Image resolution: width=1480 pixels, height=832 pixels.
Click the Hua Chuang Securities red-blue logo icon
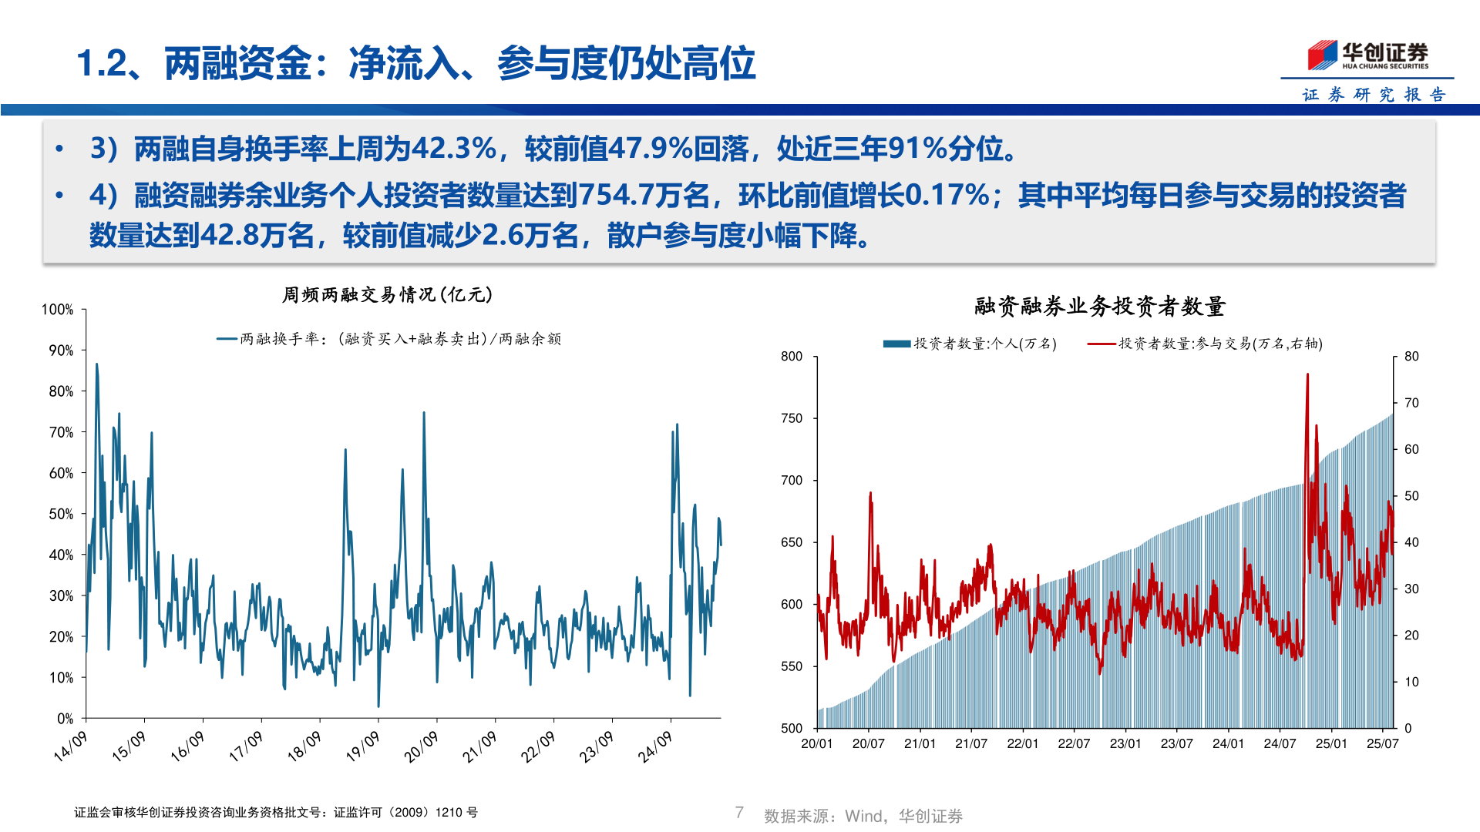click(x=1322, y=55)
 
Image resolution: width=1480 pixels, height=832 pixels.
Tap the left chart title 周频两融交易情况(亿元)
click(x=387, y=295)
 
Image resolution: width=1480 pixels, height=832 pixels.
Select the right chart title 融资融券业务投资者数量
click(x=1099, y=307)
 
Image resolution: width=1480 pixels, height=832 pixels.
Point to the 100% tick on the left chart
click(x=58, y=310)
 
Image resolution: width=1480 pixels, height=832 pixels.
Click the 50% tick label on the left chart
click(x=61, y=514)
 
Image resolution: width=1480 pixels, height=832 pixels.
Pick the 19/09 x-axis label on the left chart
click(x=362, y=746)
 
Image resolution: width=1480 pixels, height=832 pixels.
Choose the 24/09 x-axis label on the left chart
click(x=654, y=746)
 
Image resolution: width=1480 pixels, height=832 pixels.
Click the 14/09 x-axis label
click(x=70, y=746)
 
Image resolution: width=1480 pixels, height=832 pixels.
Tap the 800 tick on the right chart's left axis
click(x=792, y=357)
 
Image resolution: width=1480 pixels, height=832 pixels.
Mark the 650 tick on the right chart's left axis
click(x=792, y=542)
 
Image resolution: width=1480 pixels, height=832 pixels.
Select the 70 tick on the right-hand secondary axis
click(x=1411, y=403)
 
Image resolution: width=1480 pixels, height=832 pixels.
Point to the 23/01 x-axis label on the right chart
click(x=1125, y=744)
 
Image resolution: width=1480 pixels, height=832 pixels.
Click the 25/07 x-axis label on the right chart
click(x=1382, y=744)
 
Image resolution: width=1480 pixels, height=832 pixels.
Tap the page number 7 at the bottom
click(x=739, y=813)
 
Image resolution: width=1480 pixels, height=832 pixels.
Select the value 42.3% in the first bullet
click(x=454, y=149)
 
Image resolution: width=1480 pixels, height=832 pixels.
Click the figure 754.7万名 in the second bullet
click(x=644, y=196)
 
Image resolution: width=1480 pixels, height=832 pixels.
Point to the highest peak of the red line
click(x=1307, y=375)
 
